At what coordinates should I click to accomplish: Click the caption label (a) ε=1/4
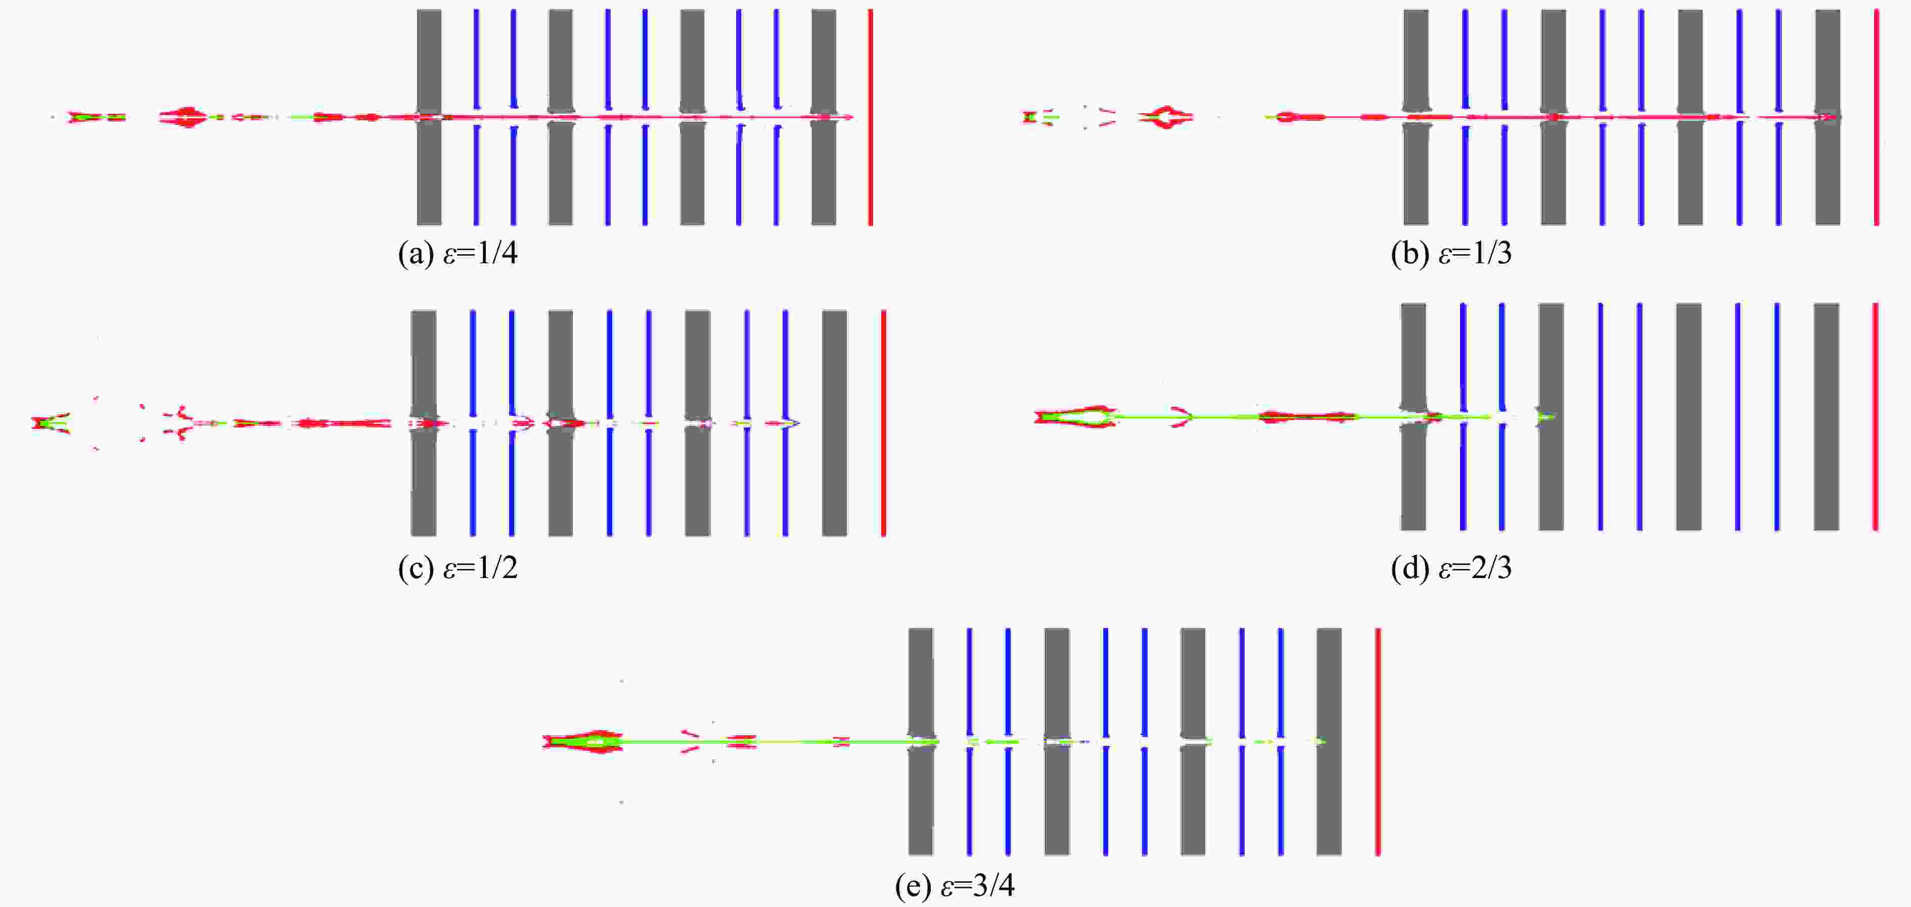coord(458,254)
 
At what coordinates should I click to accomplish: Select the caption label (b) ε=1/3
coord(1451,254)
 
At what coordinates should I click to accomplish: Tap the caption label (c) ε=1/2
coord(458,568)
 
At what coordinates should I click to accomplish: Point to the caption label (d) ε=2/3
coord(1451,568)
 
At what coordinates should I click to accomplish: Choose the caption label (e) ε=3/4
coord(955,885)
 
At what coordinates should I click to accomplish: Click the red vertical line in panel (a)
coord(871,117)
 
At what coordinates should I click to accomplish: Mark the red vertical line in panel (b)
coord(1876,117)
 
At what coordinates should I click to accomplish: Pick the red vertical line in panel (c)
coord(884,423)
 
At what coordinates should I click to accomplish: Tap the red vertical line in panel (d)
coord(1876,417)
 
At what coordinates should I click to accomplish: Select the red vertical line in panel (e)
coord(1378,742)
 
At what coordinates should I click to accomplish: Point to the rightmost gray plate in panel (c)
coord(835,423)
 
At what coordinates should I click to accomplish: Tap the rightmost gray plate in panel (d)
coord(1827,417)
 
